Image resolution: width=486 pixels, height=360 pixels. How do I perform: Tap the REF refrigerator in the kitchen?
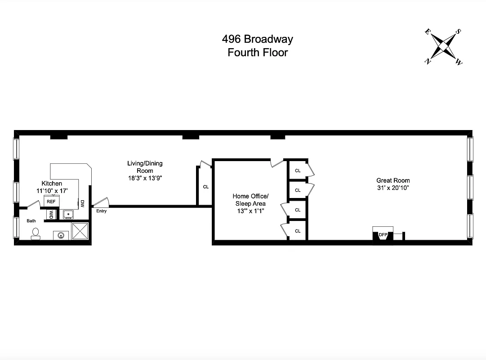click(51, 202)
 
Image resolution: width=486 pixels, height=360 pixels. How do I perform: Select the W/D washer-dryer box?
click(51, 215)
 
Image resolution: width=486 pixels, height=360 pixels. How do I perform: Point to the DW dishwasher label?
click(83, 204)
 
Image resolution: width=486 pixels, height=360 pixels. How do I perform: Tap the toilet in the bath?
click(35, 233)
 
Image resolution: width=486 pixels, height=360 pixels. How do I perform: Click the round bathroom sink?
click(60, 234)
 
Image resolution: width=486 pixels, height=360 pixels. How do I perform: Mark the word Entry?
click(102, 211)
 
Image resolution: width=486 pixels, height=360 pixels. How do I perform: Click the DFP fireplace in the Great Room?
click(383, 234)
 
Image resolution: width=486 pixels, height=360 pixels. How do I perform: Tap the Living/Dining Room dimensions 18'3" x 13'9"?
click(144, 178)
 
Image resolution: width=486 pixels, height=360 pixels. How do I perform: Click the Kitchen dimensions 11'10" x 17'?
click(52, 191)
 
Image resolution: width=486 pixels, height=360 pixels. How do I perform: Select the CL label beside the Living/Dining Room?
click(205, 187)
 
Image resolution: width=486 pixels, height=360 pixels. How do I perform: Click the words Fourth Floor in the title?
click(258, 52)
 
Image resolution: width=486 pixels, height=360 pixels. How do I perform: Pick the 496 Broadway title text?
click(258, 39)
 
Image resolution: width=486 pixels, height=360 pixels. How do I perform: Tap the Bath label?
click(31, 221)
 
